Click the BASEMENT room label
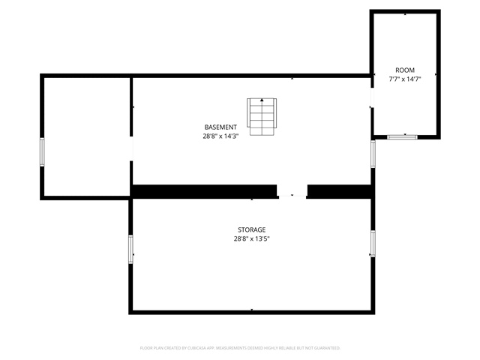click(x=220, y=127)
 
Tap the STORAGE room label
click(x=251, y=229)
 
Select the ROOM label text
click(x=405, y=70)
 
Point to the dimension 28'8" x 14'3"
click(x=220, y=136)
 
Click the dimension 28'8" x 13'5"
click(x=251, y=239)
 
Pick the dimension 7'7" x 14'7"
click(x=405, y=79)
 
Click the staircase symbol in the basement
click(x=262, y=117)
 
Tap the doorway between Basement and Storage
click(x=292, y=191)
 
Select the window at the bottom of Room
click(x=403, y=136)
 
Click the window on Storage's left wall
click(x=131, y=249)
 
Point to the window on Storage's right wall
click(x=373, y=244)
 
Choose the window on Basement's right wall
click(x=373, y=153)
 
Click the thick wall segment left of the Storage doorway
click(x=204, y=191)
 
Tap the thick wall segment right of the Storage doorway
click(x=339, y=191)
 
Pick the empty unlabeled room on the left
click(x=86, y=135)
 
